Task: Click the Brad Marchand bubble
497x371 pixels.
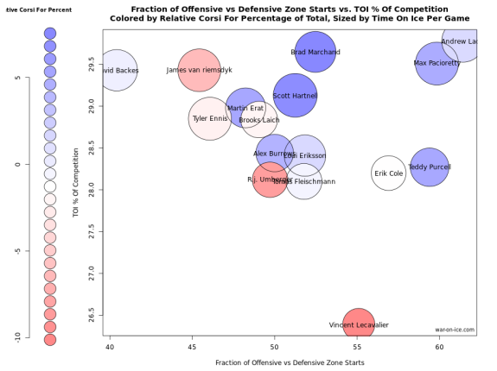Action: (315, 52)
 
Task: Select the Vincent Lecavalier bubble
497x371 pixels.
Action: (359, 324)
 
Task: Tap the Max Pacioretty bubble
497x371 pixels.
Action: (436, 63)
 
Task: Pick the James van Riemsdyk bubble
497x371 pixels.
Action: (200, 70)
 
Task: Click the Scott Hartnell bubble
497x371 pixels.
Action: (295, 96)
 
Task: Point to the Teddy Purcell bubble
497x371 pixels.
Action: (430, 167)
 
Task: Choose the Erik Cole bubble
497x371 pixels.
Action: (389, 173)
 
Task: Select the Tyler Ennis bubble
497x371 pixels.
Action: (210, 118)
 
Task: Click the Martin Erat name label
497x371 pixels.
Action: (245, 109)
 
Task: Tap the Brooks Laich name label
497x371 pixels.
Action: (259, 120)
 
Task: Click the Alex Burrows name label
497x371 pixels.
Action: (274, 154)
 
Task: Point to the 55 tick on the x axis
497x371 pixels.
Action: (357, 346)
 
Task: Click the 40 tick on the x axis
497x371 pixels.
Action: (111, 346)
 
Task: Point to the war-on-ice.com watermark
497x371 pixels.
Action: (456, 329)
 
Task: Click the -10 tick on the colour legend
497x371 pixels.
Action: (16, 338)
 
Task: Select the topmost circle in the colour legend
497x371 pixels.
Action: (49, 32)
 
